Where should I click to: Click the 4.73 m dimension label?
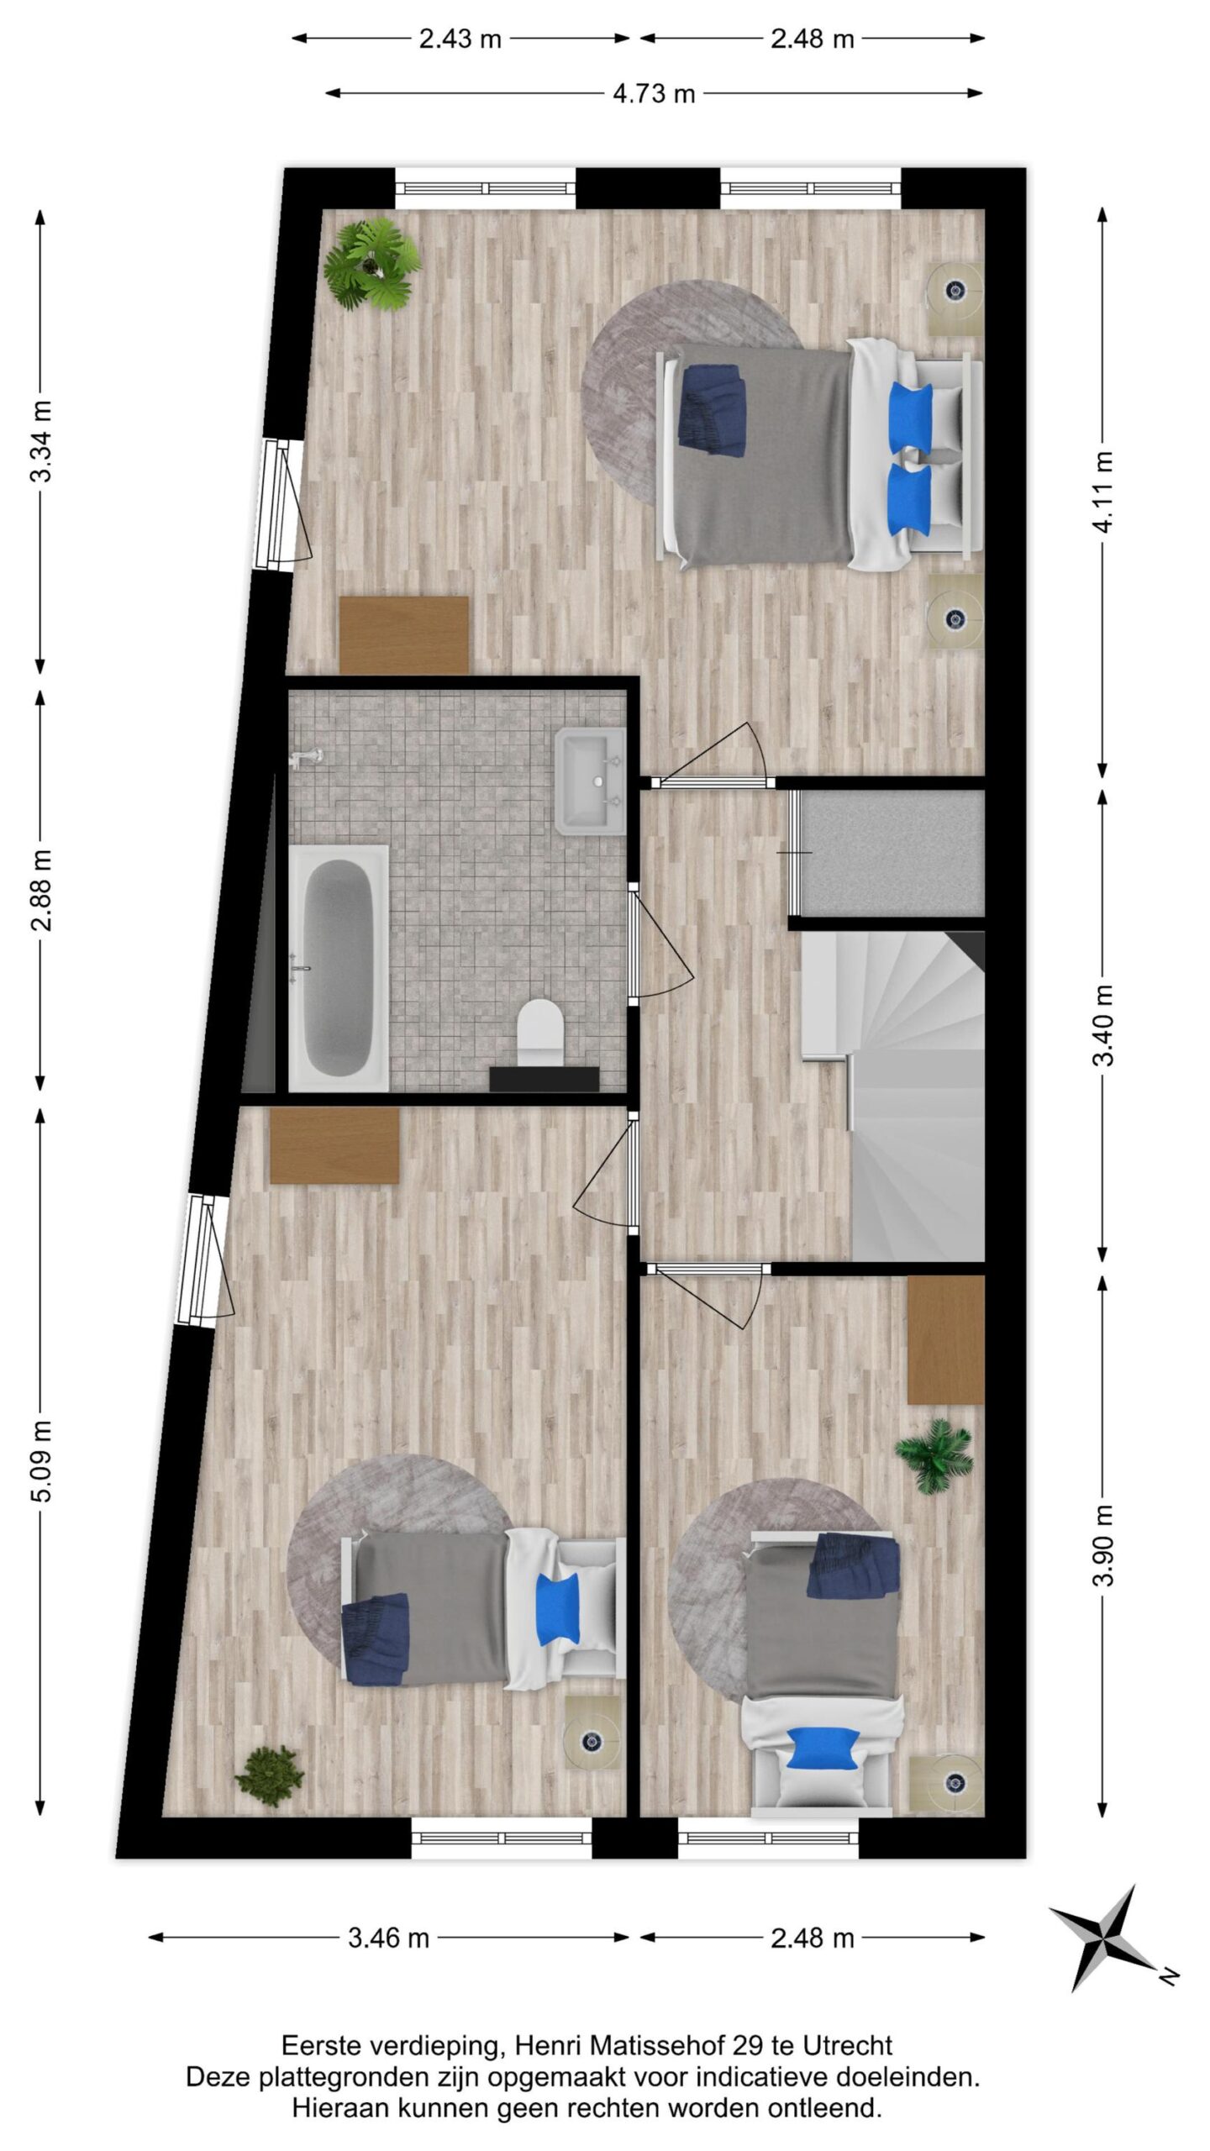tap(654, 93)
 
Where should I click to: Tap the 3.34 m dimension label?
tap(41, 440)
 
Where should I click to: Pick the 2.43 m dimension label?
tap(460, 39)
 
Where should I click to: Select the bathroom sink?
tap(591, 781)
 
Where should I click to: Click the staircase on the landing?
tap(893, 1095)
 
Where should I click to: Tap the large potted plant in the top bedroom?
tap(371, 264)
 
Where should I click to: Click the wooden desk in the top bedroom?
tap(403, 635)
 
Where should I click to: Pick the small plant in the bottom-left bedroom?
tap(269, 1772)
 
